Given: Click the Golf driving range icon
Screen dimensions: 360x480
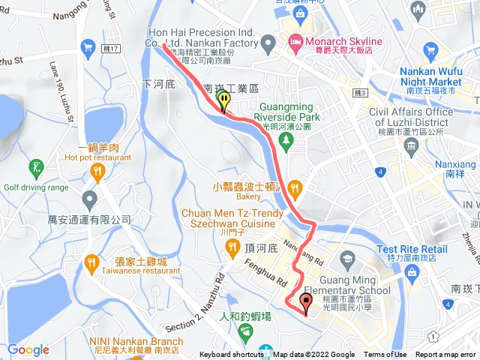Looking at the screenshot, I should point(35,166).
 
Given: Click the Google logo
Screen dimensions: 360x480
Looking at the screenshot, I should point(28,349).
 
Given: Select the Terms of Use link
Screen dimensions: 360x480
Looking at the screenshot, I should point(385,355).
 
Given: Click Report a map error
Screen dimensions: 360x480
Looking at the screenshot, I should point(445,355).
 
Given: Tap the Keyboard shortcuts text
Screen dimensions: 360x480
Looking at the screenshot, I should point(232,355).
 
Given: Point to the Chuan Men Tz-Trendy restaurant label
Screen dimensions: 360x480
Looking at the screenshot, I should point(228,217).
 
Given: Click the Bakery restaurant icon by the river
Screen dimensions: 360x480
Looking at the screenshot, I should point(294,187).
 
